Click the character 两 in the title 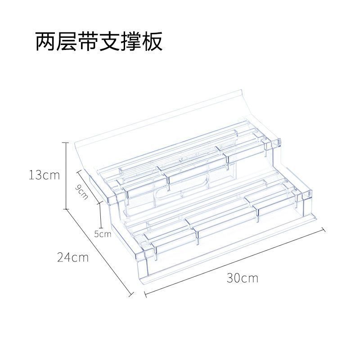pyautogui.click(x=47, y=42)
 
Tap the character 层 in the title pyautogui.click(x=68, y=42)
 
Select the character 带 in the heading pyautogui.click(x=89, y=42)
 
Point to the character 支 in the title pyautogui.click(x=110, y=42)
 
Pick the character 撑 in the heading pyautogui.click(x=131, y=42)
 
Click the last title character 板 pyautogui.click(x=152, y=42)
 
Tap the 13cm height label pyautogui.click(x=44, y=175)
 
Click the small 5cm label pyautogui.click(x=103, y=234)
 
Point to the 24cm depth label pyautogui.click(x=72, y=258)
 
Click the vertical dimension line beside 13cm pyautogui.click(x=67, y=175)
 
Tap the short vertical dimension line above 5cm pyautogui.click(x=100, y=215)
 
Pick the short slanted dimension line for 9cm pyautogui.click(x=89, y=184)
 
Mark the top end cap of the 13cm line pyautogui.click(x=67, y=142)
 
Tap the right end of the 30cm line pyautogui.click(x=324, y=229)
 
